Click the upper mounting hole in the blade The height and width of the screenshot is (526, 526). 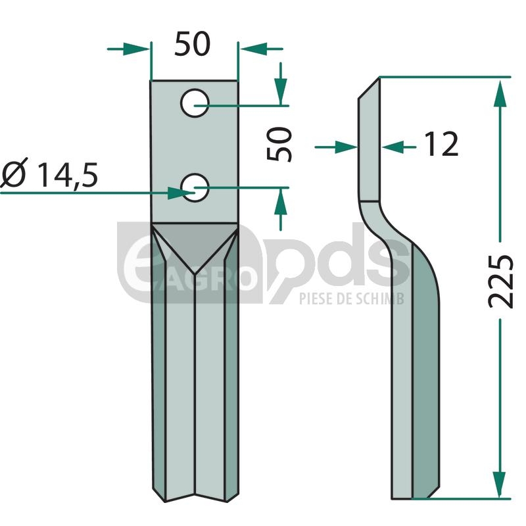195,103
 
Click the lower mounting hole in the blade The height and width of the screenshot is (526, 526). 195,188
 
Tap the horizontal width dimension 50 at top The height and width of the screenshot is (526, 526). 192,44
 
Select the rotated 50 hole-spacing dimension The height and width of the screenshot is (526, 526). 279,144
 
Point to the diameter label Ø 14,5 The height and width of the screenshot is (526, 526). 50,175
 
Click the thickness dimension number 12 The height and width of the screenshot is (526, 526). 441,144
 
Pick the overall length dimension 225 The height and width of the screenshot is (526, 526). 500,281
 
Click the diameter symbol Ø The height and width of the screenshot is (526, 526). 12,175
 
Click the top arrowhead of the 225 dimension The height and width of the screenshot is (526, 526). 500,93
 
